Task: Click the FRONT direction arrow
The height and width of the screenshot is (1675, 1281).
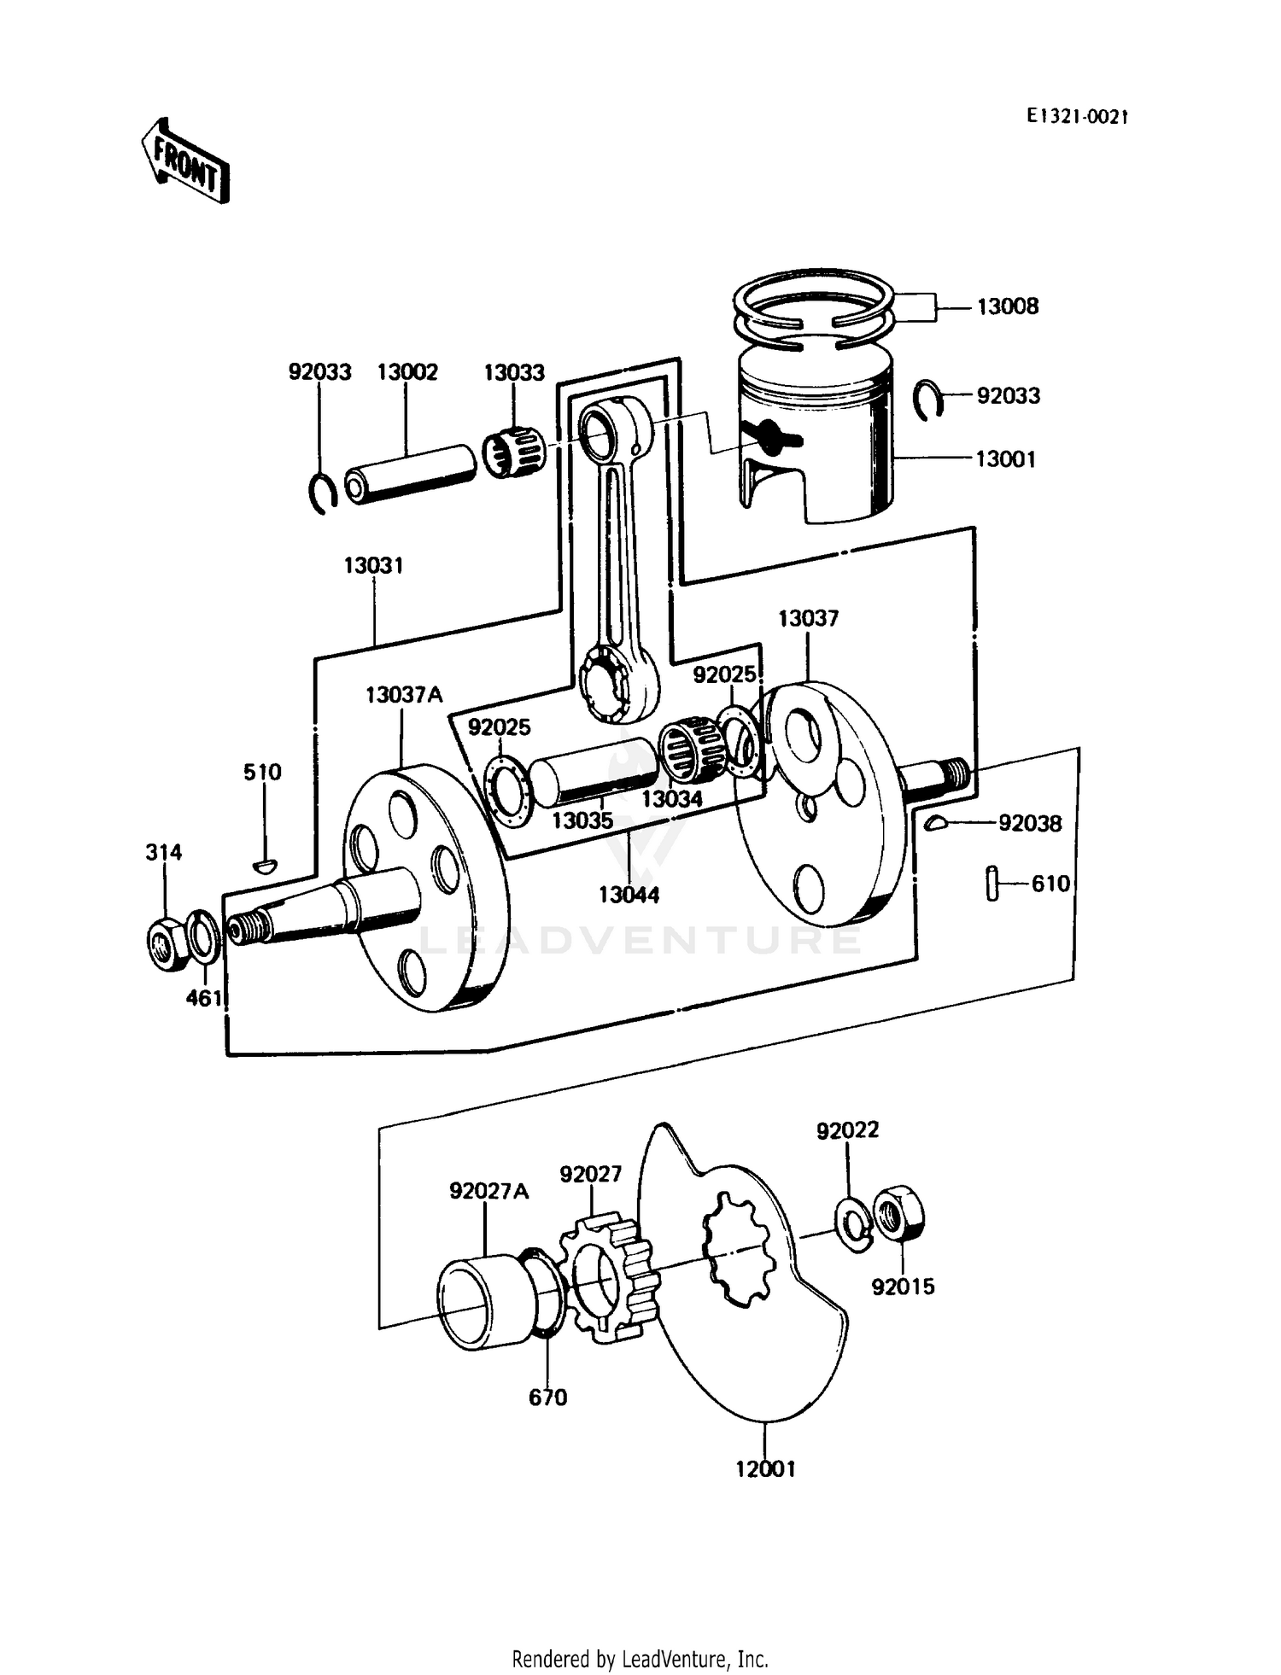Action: [x=185, y=161]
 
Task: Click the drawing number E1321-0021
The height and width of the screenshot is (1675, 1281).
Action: [x=1076, y=117]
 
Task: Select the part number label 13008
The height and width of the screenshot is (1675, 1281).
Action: [x=1007, y=306]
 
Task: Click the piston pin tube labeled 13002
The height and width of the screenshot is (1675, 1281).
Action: [x=410, y=475]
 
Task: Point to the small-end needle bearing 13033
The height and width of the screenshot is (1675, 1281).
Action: [x=515, y=452]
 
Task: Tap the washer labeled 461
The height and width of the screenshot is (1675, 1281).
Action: [x=202, y=935]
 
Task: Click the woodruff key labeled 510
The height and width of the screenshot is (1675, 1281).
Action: [x=265, y=867]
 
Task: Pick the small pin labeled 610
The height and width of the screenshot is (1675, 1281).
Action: [x=991, y=883]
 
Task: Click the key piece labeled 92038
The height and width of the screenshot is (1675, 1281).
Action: [x=935, y=823]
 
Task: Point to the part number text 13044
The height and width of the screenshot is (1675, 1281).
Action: [x=629, y=895]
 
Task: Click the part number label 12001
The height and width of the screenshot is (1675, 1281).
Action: [x=765, y=1468]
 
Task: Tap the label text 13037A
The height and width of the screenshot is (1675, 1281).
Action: [x=404, y=694]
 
